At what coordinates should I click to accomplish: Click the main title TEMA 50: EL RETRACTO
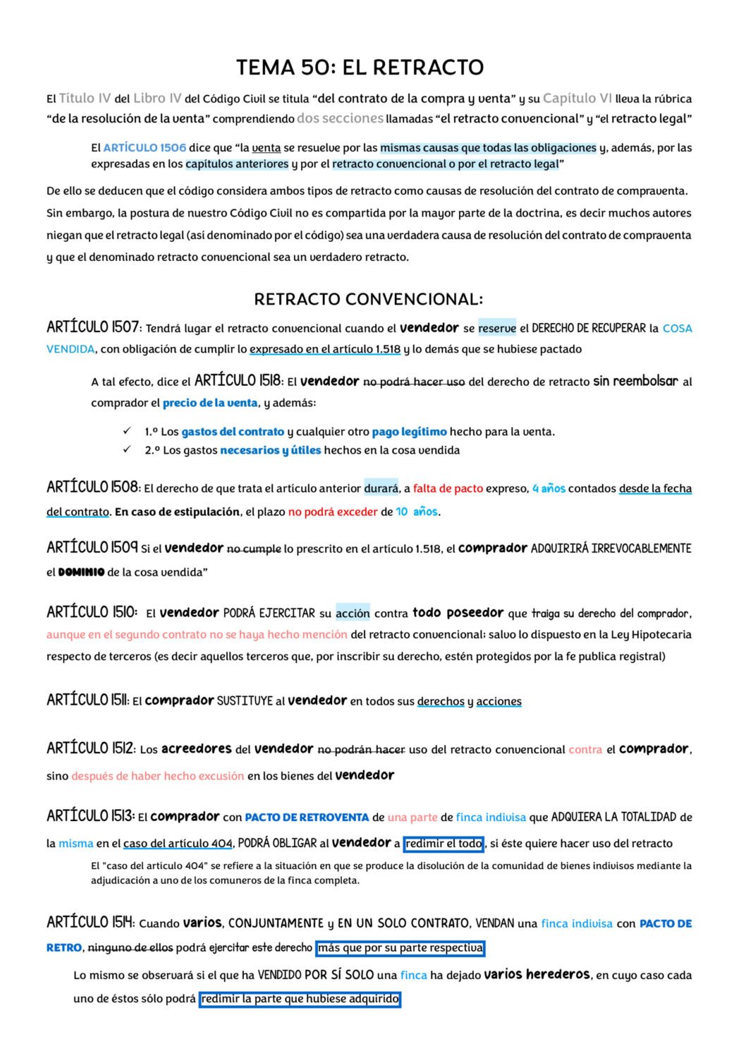click(x=360, y=68)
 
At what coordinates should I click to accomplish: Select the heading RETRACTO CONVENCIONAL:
click(x=368, y=300)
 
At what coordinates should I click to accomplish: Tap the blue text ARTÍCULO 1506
click(x=145, y=148)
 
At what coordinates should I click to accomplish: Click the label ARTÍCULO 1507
click(x=93, y=327)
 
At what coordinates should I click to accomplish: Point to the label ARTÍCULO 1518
click(x=238, y=381)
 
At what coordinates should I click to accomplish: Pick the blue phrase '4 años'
click(x=549, y=488)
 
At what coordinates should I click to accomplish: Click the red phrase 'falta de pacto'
click(x=448, y=488)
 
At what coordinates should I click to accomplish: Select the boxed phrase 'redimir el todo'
click(x=443, y=844)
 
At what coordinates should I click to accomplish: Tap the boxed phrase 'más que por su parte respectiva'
click(x=400, y=948)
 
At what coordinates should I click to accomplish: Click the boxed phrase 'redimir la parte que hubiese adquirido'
click(x=300, y=999)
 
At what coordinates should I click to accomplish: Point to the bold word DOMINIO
click(x=81, y=572)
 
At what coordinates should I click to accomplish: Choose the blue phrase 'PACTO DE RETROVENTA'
click(x=307, y=817)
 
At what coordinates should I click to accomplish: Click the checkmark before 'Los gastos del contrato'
click(x=127, y=431)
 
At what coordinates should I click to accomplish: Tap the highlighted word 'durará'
click(x=381, y=488)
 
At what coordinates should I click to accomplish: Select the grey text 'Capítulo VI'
click(x=577, y=99)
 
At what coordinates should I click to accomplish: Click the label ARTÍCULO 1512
click(x=90, y=748)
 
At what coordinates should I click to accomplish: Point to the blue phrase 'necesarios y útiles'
click(x=270, y=450)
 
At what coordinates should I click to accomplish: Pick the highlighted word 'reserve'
click(x=497, y=328)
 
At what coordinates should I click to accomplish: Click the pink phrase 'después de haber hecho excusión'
click(x=157, y=776)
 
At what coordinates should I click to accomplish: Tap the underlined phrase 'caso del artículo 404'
click(x=178, y=844)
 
